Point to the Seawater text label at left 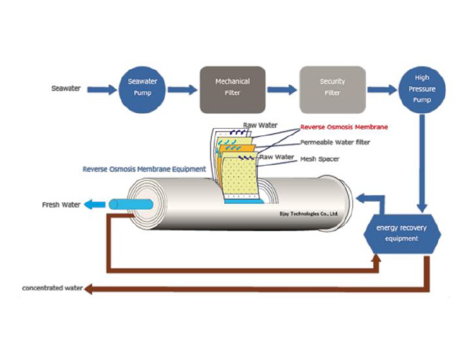pos(67,89)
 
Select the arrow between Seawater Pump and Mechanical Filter pos(182,90)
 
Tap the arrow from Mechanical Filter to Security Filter pos(281,90)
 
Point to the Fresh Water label pos(61,205)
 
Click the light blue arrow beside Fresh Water pos(94,205)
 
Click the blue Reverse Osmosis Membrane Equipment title pos(143,169)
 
